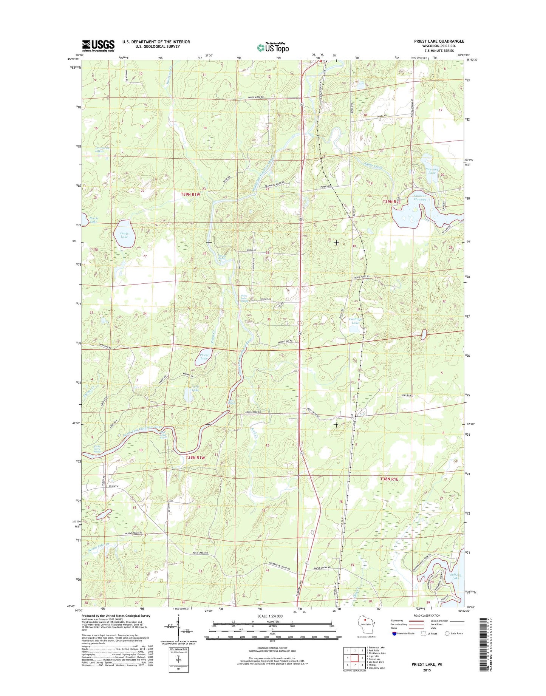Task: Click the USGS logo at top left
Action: pos(98,46)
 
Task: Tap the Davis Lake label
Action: pos(124,235)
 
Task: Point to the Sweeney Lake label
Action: pos(432,171)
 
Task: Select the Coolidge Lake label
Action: pos(355,321)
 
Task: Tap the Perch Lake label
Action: pos(94,220)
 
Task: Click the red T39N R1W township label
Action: pos(190,194)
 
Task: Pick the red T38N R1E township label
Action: pos(389,479)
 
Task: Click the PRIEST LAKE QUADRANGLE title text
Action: pos(439,41)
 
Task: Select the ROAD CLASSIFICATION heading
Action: pos(427,616)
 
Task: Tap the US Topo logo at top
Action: pos(273,47)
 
